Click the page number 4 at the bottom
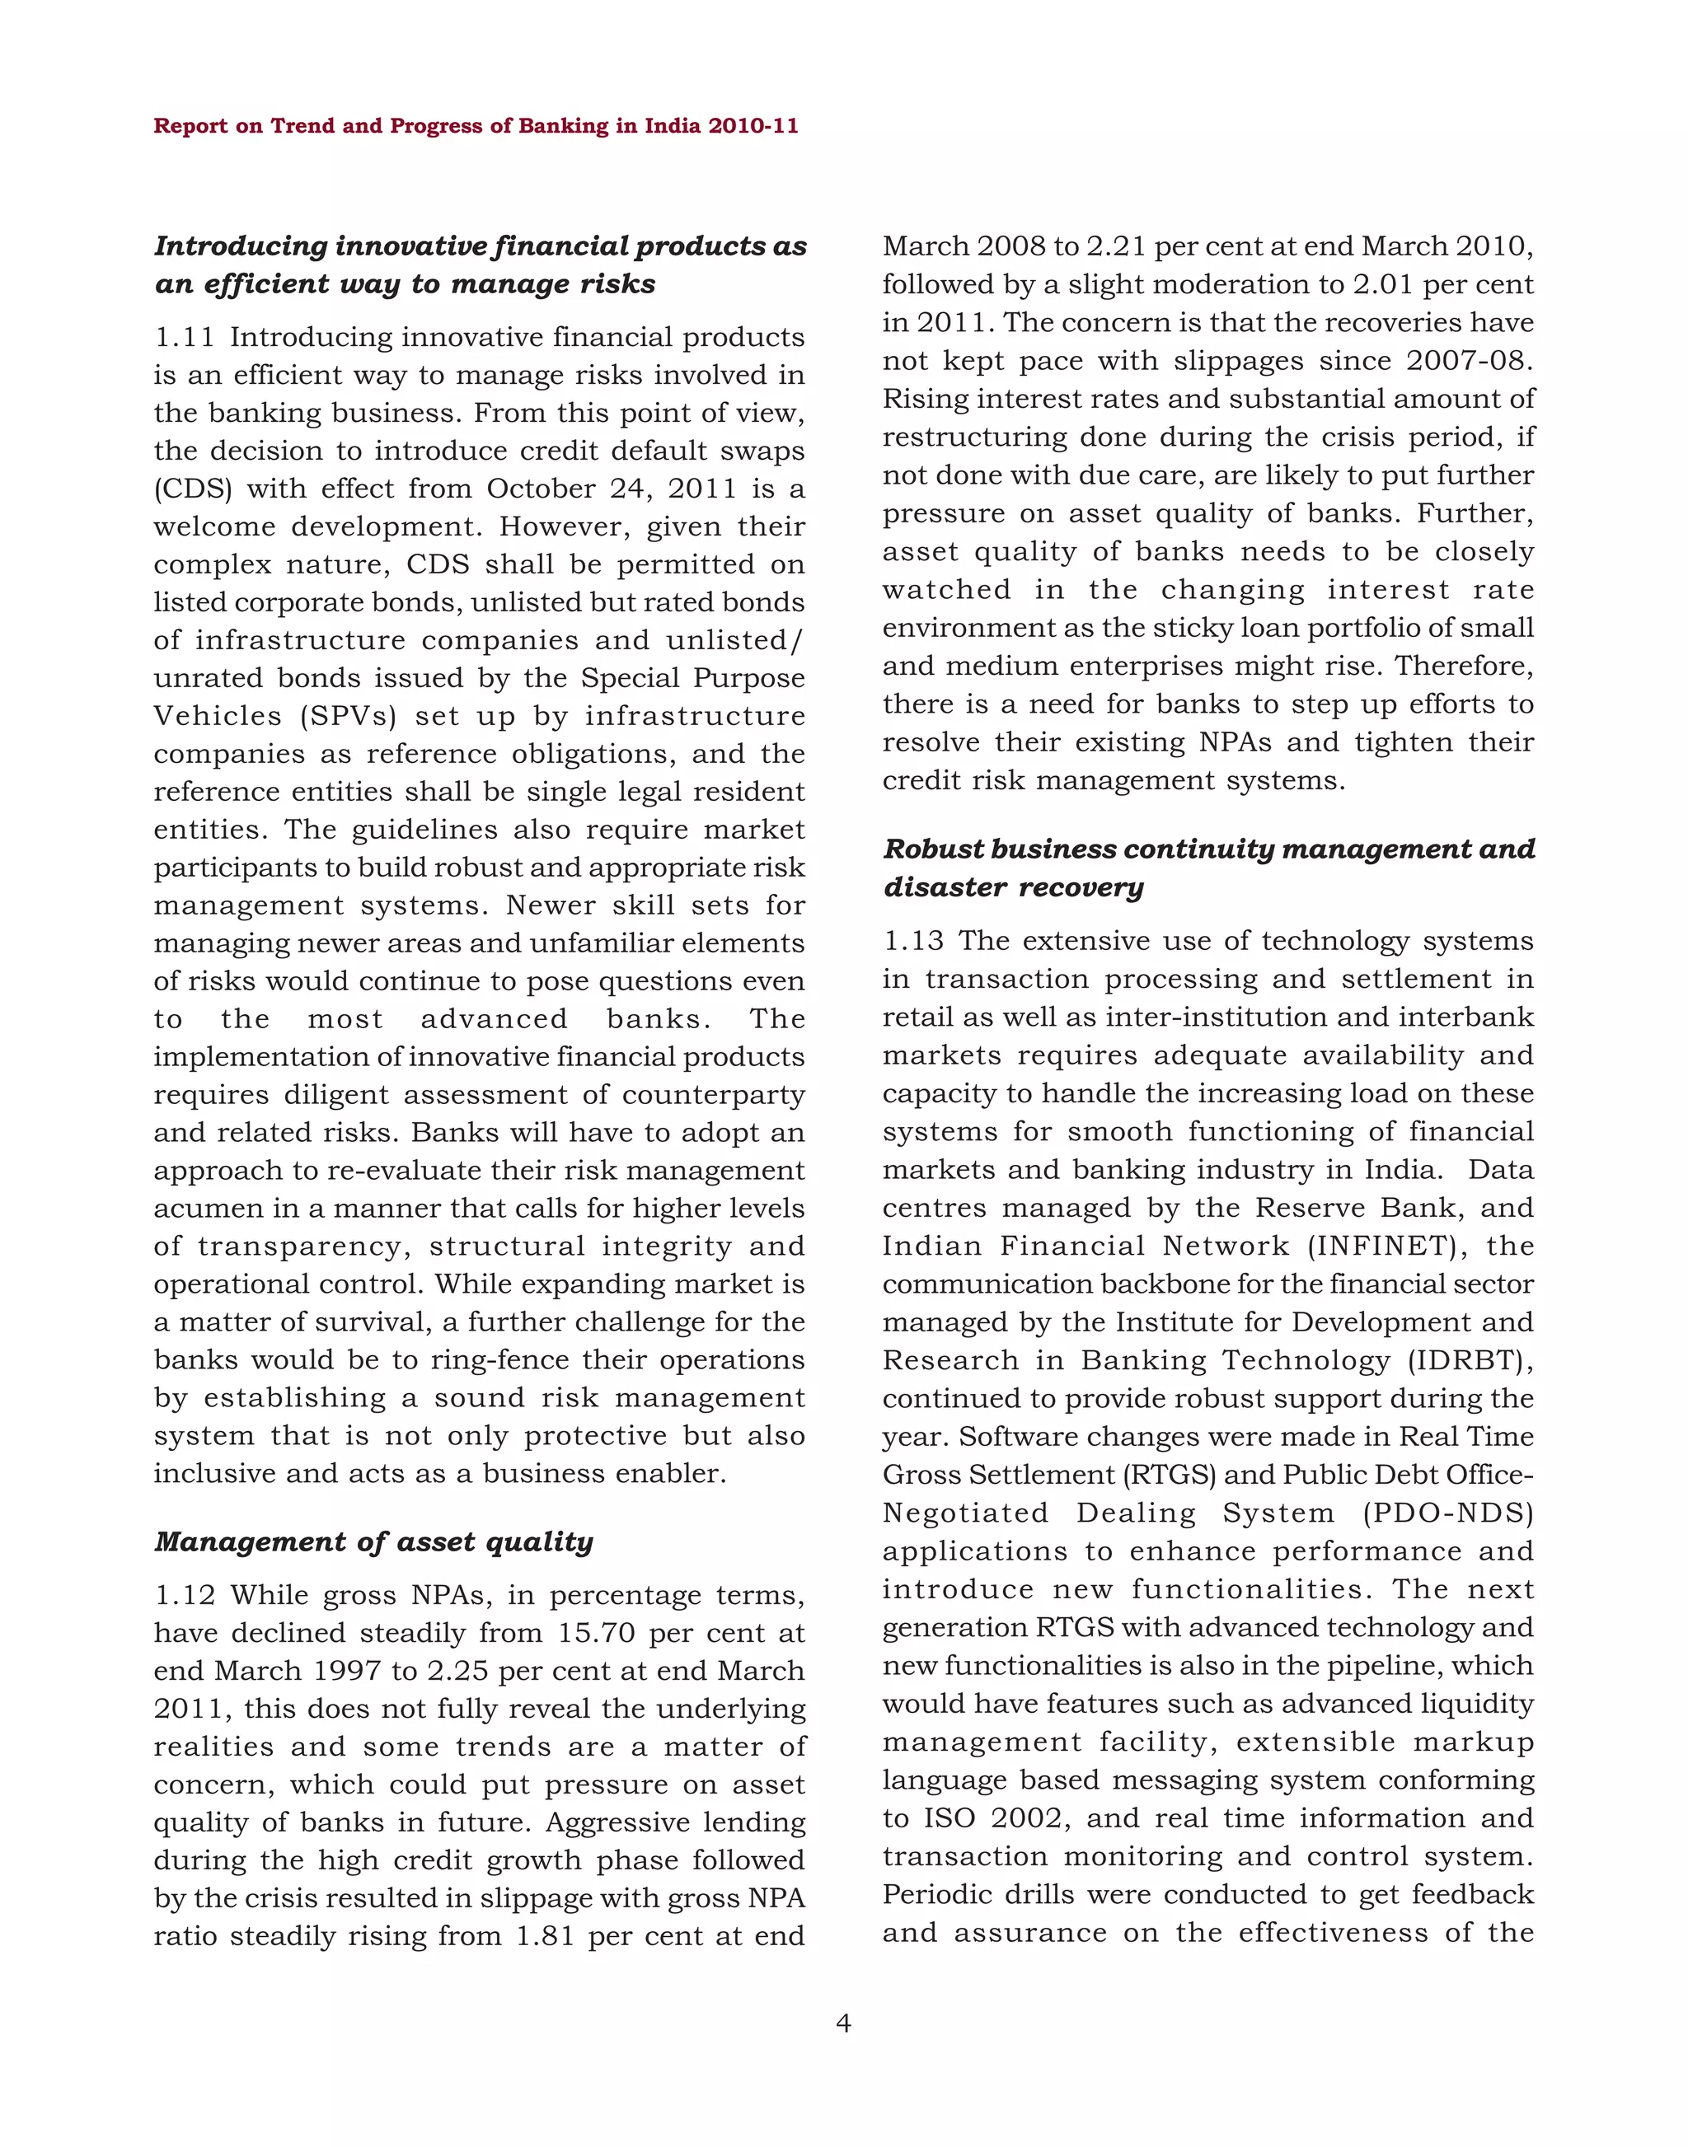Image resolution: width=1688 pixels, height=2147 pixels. [843, 2023]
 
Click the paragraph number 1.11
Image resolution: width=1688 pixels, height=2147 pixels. [184, 338]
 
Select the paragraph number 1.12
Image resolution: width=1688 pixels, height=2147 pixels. [184, 1596]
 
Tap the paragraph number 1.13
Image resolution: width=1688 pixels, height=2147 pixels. [913, 942]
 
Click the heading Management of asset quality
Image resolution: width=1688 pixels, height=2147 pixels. [373, 1542]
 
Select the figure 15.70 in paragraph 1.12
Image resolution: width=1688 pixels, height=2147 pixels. [596, 1633]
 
